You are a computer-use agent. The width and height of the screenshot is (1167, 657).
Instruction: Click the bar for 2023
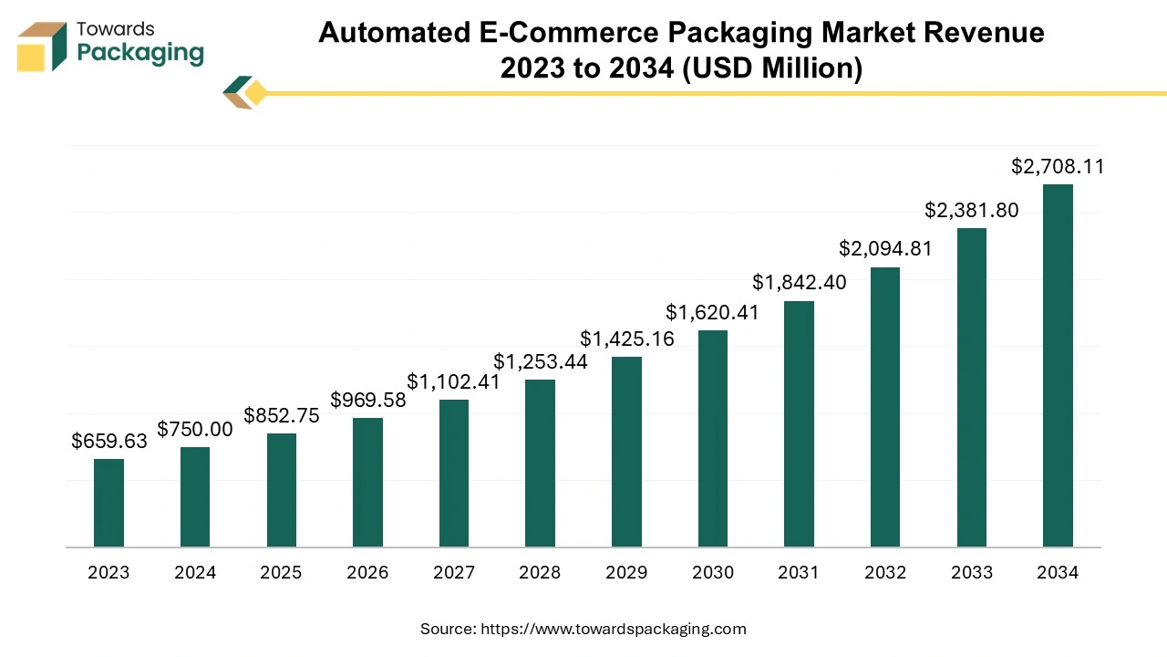point(108,503)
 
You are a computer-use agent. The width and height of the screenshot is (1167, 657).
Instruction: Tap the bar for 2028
point(540,463)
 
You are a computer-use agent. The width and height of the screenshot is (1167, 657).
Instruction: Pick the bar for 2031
point(799,423)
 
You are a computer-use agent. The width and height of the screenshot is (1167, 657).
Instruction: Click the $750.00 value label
point(195,430)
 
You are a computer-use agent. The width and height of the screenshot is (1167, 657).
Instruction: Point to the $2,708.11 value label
point(1058,167)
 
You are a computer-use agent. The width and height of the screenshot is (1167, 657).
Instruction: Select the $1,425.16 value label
point(626,339)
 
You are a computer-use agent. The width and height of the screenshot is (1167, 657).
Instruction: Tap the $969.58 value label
point(367,400)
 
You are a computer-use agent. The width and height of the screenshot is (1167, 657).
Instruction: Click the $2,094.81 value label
point(885,248)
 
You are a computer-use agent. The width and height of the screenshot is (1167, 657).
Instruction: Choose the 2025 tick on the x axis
point(281,573)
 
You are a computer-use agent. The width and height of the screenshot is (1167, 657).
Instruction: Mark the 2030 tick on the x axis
point(713,573)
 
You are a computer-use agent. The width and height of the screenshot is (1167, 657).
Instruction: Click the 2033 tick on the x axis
point(972,573)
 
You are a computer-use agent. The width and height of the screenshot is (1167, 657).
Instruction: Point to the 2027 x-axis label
point(454,573)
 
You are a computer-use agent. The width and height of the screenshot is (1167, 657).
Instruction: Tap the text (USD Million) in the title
point(771,68)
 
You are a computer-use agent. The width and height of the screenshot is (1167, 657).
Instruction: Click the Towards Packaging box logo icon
point(42,47)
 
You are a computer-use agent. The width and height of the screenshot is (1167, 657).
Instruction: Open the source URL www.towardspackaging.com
point(613,629)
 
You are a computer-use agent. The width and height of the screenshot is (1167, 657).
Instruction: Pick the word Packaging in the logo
point(140,53)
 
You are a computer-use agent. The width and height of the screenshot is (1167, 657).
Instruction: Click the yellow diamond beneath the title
point(255,93)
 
